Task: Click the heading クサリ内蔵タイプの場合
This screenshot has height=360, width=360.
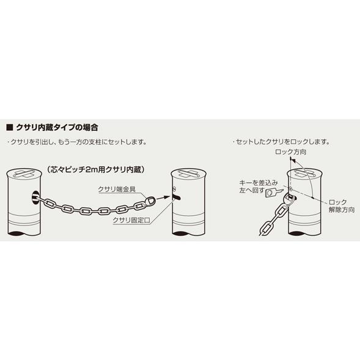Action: pyautogui.click(x=57, y=127)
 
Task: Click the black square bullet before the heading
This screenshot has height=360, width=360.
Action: pyautogui.click(x=10, y=128)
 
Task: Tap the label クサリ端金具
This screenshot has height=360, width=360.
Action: pyautogui.click(x=117, y=189)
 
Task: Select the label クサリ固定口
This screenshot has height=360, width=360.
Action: pyautogui.click(x=131, y=220)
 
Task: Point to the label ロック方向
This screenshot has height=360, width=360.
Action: pyautogui.click(x=290, y=152)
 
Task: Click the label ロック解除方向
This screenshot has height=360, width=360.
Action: pyautogui.click(x=342, y=206)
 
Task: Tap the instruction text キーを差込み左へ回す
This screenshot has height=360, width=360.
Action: pyautogui.click(x=259, y=186)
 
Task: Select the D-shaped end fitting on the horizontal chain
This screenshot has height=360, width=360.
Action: pyautogui.click(x=150, y=201)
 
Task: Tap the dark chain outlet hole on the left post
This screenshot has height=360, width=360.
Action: pyautogui.click(x=35, y=197)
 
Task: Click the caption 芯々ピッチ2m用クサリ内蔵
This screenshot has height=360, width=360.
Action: pyautogui.click(x=95, y=170)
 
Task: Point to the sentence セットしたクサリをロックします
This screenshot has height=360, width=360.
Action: pyautogui.click(x=282, y=142)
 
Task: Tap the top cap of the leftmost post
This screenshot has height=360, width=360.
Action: pyautogui.click(x=24, y=174)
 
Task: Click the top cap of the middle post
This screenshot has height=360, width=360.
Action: pyautogui.click(x=188, y=174)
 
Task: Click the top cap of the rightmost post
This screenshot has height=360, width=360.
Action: pyautogui.click(x=305, y=174)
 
